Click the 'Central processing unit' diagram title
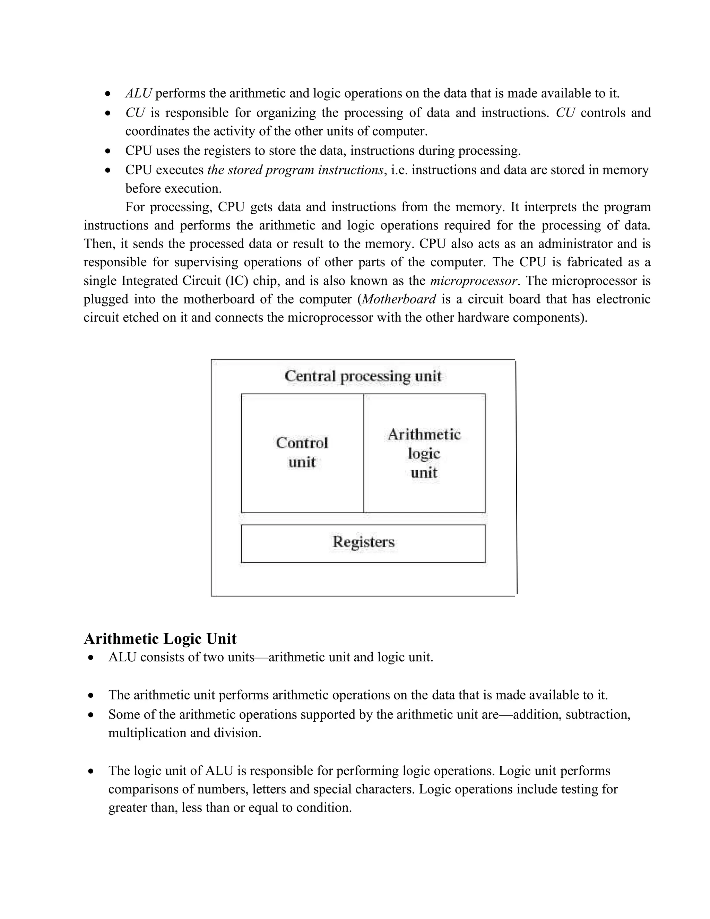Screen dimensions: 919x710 [x=363, y=376]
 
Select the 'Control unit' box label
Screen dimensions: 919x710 [x=302, y=452]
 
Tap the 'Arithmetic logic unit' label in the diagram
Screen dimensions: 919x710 [x=424, y=453]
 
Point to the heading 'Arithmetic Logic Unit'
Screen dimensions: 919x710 [x=160, y=638]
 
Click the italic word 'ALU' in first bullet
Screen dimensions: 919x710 [x=138, y=93]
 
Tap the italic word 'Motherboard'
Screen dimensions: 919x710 [x=399, y=299]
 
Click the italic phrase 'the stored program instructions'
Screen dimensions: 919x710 [x=295, y=170]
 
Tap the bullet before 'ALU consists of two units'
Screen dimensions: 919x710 [x=91, y=658]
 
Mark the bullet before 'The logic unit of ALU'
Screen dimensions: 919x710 [x=91, y=771]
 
